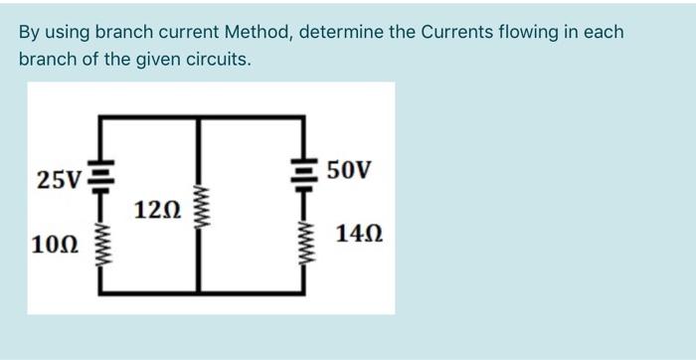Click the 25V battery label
tap(59, 180)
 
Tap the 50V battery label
tap(349, 170)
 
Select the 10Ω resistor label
tap(55, 245)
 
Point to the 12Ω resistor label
tap(157, 210)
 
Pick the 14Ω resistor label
tap(359, 234)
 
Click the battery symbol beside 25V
tap(102, 177)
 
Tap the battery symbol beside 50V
tap(304, 174)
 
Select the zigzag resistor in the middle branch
tap(199, 208)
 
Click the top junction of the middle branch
tap(199, 117)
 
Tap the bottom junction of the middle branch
tap(199, 293)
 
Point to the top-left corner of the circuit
tap(100, 117)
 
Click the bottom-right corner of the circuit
tap(303, 293)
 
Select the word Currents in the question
tap(455, 32)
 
